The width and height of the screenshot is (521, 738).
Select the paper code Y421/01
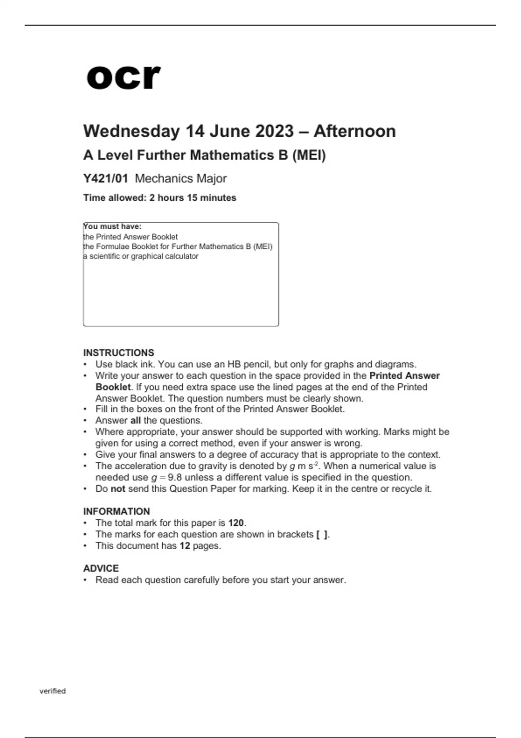106,178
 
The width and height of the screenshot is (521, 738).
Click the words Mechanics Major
181,178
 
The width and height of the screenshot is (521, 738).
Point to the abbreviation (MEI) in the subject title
309,155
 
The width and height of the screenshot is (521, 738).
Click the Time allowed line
160,198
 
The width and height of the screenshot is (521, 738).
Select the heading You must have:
112,226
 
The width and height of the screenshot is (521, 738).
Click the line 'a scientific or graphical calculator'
141,256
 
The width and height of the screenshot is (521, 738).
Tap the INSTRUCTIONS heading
119,353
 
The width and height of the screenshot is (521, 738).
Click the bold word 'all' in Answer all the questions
135,420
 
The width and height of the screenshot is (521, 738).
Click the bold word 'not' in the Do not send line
118,488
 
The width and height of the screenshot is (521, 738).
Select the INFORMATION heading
116,511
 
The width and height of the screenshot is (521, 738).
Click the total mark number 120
236,523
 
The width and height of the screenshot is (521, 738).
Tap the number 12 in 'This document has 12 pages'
185,545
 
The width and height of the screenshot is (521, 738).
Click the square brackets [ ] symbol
322,534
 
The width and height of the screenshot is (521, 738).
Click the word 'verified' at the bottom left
53,691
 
